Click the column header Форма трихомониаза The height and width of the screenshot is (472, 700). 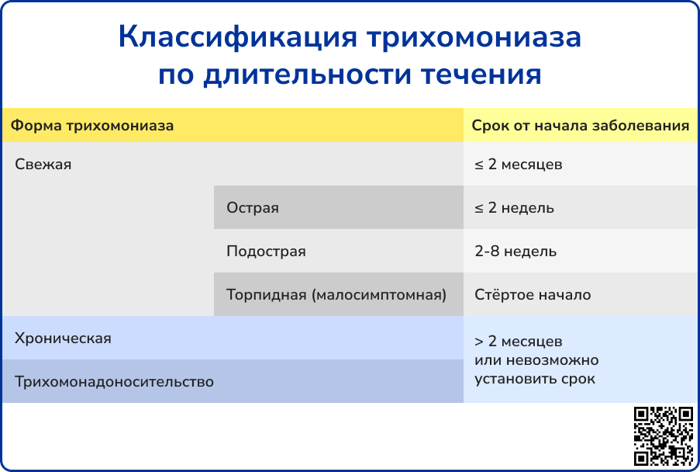coord(91,125)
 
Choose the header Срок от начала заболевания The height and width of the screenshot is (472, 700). coord(581,126)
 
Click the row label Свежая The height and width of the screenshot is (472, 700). coord(43,165)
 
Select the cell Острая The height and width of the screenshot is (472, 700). coord(253,208)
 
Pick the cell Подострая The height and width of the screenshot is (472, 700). coord(266,252)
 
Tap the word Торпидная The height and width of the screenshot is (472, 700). coord(266,295)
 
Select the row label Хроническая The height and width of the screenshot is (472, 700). coord(63,338)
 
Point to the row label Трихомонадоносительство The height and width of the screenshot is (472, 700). coord(114,382)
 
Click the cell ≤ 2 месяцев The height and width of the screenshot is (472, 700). coord(519,165)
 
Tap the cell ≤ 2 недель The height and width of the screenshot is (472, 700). coord(514,208)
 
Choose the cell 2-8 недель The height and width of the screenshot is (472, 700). coord(516,252)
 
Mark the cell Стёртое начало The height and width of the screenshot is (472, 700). coord(533,295)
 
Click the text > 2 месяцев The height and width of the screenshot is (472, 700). coord(519,342)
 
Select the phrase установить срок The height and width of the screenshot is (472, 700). coord(535,379)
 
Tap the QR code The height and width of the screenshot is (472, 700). coord(663,436)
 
